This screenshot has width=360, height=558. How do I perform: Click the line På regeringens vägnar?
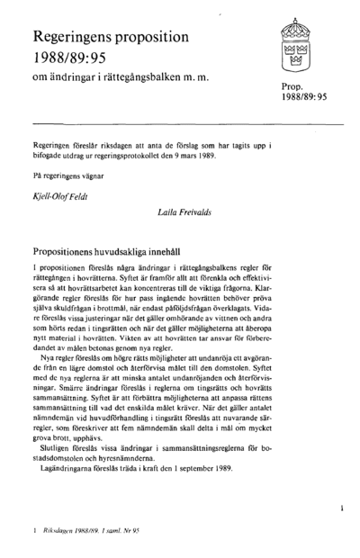click(66, 177)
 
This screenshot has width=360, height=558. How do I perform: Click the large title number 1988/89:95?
click(71, 58)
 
